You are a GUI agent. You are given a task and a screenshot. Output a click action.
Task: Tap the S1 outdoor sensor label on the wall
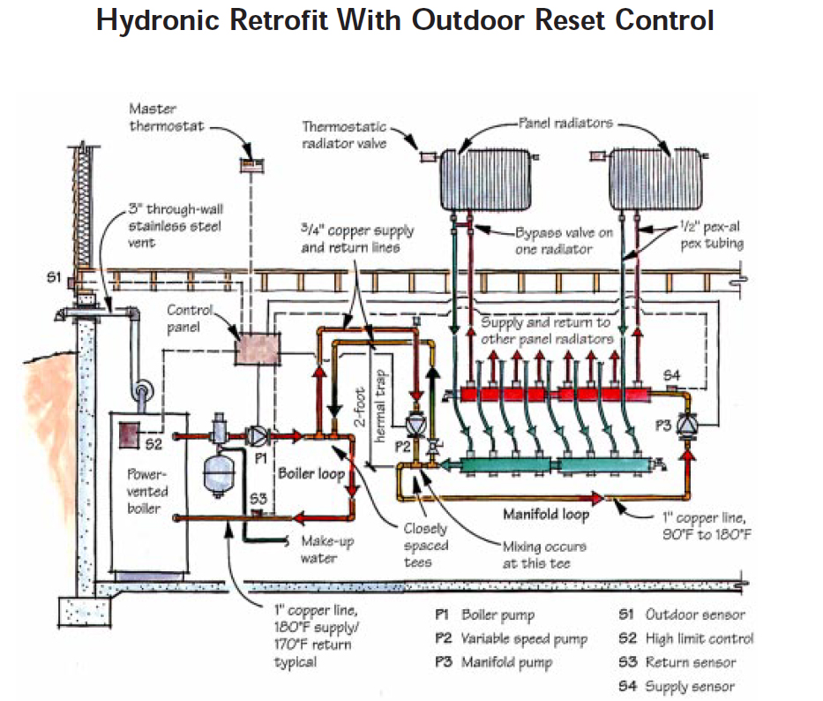click(x=53, y=277)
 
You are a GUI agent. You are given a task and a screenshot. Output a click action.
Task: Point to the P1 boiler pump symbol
click(x=257, y=435)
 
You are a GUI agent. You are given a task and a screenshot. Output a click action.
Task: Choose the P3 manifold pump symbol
click(x=688, y=425)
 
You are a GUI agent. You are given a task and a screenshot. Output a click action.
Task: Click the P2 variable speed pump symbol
click(x=413, y=425)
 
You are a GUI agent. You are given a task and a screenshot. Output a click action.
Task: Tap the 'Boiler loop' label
click(x=311, y=474)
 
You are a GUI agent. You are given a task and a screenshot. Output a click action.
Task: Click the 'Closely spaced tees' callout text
click(x=426, y=545)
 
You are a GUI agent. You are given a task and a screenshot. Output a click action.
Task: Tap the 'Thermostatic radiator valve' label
click(x=345, y=135)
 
